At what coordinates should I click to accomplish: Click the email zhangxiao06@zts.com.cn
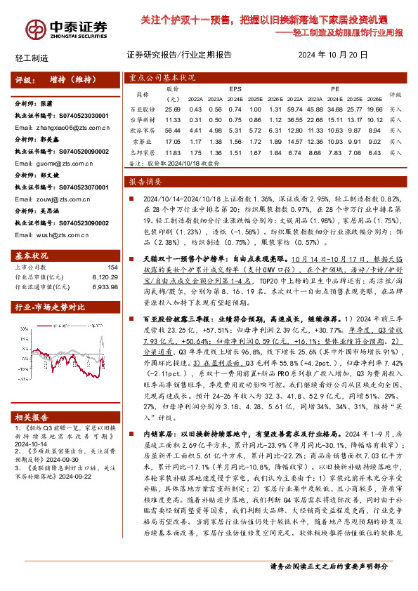click(53, 128)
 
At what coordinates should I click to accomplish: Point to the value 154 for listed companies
click(112, 267)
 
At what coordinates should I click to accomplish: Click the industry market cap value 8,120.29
click(104, 277)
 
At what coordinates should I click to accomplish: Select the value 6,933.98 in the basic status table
click(104, 286)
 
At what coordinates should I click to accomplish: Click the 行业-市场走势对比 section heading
click(51, 307)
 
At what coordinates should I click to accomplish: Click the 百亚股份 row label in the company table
click(142, 109)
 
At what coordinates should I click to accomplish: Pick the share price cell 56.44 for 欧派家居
click(172, 129)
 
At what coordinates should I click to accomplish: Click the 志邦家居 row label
click(142, 152)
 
